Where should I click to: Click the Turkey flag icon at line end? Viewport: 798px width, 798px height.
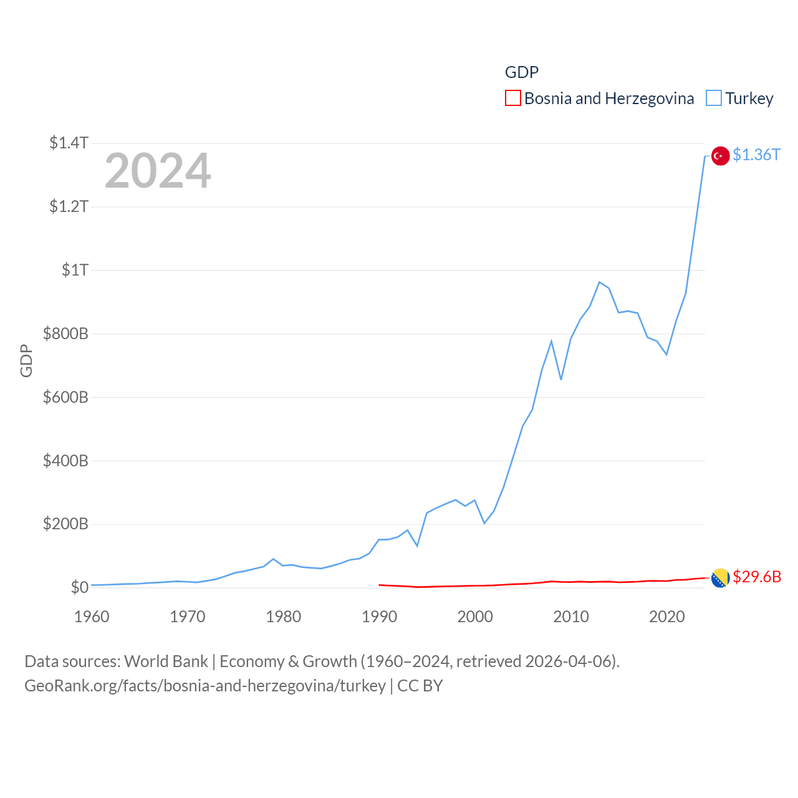pos(720,156)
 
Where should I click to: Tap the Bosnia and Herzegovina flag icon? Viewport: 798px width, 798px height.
pos(720,578)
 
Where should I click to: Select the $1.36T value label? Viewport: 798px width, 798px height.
pos(756,155)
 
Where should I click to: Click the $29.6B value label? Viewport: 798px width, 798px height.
pos(757,577)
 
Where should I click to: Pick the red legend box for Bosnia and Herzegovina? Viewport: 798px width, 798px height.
pos(512,99)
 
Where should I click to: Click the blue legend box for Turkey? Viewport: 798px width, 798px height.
pos(713,99)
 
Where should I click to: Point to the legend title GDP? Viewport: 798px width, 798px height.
pos(521,72)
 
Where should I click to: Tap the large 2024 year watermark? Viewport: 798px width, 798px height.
pos(158,171)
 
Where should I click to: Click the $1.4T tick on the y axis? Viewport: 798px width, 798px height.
pos(69,143)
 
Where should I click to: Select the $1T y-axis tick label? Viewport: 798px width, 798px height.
pos(75,270)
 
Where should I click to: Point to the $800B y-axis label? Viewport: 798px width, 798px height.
pos(65,334)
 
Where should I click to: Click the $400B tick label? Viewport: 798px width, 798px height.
pos(65,461)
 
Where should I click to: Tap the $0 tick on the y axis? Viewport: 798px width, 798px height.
pos(79,587)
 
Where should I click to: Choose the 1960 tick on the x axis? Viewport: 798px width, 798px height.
pos(92,617)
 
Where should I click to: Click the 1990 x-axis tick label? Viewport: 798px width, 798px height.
pos(379,617)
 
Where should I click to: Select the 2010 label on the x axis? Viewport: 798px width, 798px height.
pos(571,617)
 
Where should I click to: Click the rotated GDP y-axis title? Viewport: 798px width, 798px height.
pos(26,360)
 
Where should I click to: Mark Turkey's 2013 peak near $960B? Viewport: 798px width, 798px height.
pos(599,282)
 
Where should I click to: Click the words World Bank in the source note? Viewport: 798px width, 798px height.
pos(166,661)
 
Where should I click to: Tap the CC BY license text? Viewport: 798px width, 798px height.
pos(420,686)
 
